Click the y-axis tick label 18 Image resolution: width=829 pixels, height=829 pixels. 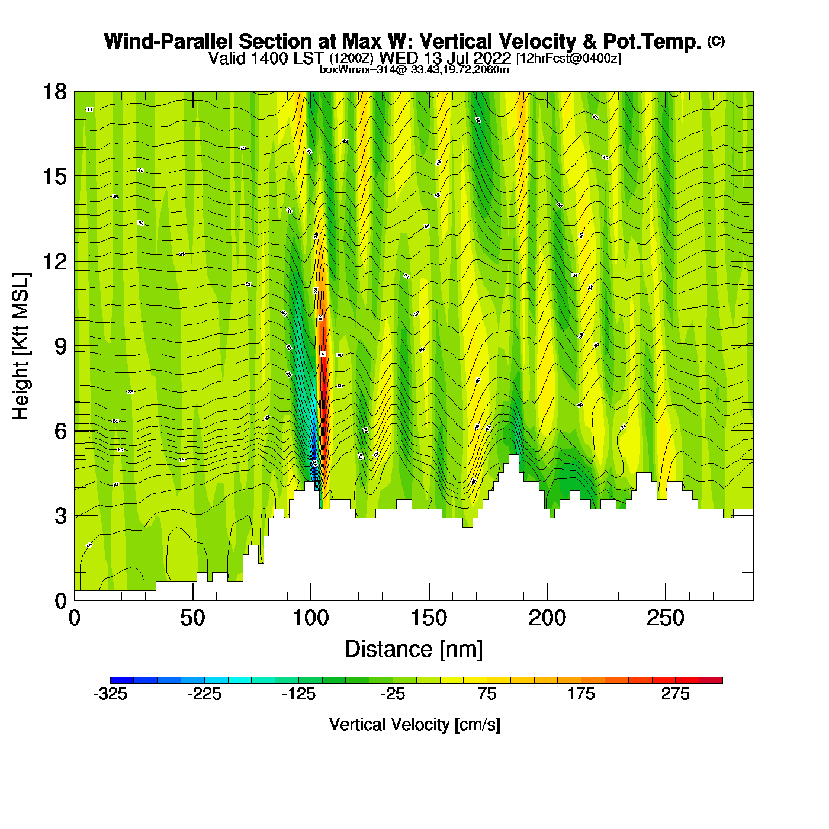54,92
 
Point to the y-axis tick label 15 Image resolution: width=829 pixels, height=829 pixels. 54,176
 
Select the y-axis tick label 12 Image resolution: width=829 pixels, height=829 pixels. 54,261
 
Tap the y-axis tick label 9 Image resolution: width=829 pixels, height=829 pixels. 60,346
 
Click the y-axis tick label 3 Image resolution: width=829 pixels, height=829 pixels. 60,516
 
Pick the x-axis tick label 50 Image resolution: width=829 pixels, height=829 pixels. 192,619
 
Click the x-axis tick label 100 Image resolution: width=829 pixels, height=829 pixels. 311,619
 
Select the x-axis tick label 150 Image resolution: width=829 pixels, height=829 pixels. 429,619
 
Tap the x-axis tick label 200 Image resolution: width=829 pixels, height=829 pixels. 547,619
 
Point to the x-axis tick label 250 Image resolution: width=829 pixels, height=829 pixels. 666,619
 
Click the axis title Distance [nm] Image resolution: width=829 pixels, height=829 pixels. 414,650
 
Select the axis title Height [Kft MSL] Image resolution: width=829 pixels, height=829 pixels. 21,346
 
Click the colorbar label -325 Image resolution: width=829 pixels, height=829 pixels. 110,695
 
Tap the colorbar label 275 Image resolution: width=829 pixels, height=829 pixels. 675,695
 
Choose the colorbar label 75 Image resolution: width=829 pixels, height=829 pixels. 487,695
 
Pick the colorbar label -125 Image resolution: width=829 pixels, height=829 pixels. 298,695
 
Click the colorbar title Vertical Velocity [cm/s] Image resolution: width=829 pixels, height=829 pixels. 415,725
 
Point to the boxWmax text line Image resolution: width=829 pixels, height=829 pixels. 414,70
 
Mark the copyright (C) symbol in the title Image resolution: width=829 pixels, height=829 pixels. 716,41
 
